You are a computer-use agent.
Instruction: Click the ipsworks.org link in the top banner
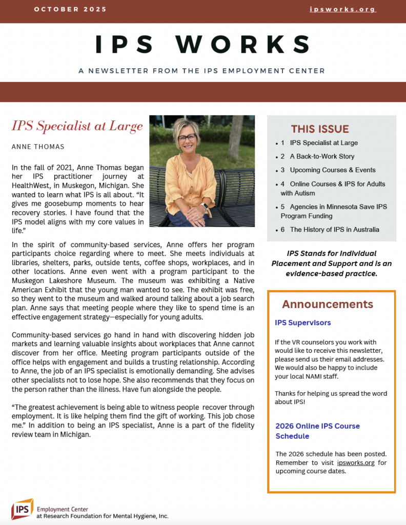pos(343,9)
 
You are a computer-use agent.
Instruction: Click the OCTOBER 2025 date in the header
pos(71,9)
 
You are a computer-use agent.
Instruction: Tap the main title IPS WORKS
pos(202,45)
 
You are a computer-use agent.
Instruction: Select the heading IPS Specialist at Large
pos(77,126)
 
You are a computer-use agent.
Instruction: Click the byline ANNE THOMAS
pos(38,147)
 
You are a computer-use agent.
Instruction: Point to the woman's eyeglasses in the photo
pos(187,137)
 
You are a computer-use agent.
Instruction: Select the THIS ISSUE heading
pos(320,129)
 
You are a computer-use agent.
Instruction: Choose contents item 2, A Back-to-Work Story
pos(322,156)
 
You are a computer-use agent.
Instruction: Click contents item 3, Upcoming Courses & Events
pos(332,170)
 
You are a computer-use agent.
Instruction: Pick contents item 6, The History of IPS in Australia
pos(334,230)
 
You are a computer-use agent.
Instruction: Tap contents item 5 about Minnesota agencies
pos(338,211)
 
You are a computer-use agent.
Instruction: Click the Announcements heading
pos(328,304)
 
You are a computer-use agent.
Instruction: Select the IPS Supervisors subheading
pos(303,323)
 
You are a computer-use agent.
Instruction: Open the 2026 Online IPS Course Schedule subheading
pos(317,431)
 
